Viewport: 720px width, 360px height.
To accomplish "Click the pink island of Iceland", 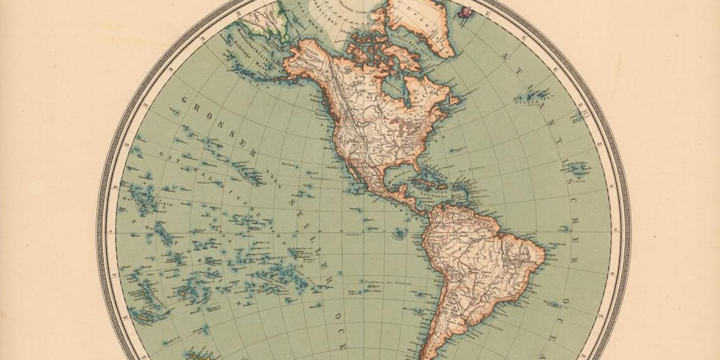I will point(466,10).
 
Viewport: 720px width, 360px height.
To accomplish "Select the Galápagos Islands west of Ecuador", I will point(400,232).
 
